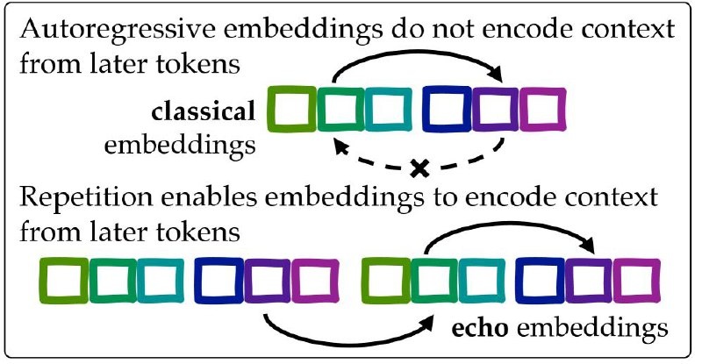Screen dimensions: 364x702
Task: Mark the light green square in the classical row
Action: click(290, 111)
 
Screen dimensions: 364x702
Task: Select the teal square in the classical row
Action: click(387, 111)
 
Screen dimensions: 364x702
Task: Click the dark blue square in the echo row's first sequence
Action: click(216, 280)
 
